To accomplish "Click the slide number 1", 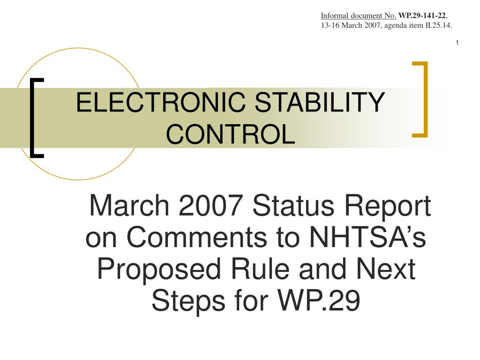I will pyautogui.click(x=457, y=44).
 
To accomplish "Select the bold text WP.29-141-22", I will pyautogui.click(x=422, y=16).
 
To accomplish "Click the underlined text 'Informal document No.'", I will pyautogui.click(x=359, y=16).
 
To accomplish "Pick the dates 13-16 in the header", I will pyautogui.click(x=330, y=25).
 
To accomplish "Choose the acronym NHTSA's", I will pyautogui.click(x=366, y=239).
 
